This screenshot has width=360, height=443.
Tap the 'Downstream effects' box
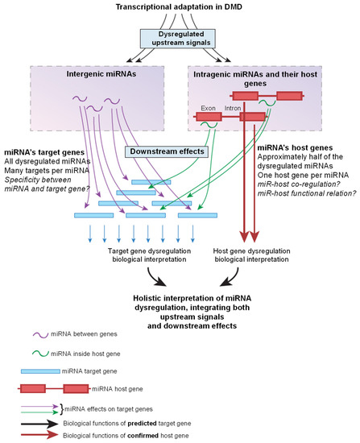point(166,151)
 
